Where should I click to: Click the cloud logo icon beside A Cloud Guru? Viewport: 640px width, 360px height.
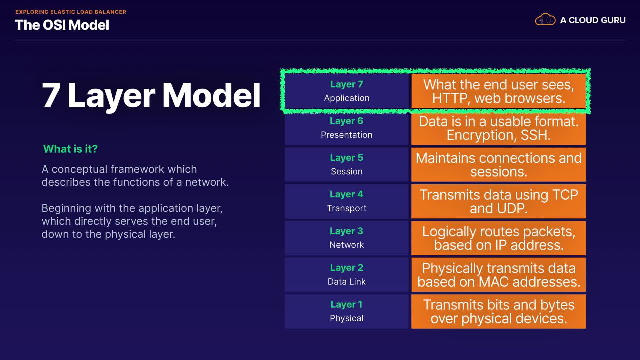(545, 20)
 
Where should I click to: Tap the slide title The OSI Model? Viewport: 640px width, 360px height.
(62, 25)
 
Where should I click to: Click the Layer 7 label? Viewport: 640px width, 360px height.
(347, 84)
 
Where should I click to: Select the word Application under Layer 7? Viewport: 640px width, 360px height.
(347, 98)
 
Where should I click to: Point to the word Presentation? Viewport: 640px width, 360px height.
(347, 135)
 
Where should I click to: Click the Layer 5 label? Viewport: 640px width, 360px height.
(347, 158)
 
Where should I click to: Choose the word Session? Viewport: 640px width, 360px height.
(347, 171)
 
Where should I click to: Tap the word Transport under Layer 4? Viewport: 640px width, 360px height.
(347, 208)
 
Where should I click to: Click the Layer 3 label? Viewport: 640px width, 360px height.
(347, 231)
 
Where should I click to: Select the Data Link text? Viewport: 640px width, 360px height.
(347, 282)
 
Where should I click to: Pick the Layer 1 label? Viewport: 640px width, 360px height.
(347, 304)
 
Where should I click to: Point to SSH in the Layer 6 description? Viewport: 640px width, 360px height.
(535, 135)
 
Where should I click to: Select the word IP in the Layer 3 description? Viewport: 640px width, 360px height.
(501, 245)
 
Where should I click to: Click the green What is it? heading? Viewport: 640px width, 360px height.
(70, 149)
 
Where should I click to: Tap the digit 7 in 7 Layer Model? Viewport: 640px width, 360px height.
(51, 95)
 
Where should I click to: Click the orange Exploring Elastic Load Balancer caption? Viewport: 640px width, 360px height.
(71, 12)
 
